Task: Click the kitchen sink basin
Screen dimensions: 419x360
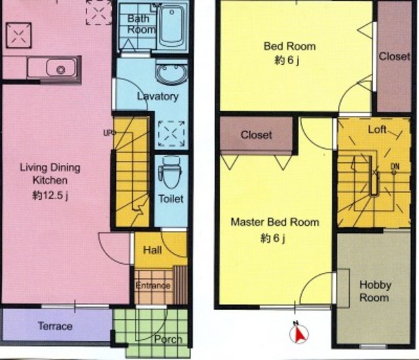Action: (61, 68)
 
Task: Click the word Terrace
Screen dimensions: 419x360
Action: (55, 326)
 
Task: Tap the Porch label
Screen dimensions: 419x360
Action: (168, 339)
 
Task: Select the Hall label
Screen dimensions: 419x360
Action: (153, 250)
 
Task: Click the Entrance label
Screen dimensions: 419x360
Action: (153, 285)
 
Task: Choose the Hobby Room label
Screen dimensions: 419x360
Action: (375, 291)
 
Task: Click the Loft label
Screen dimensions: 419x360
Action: (377, 130)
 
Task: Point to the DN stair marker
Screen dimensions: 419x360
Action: (395, 167)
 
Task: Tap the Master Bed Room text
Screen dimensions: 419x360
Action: (275, 222)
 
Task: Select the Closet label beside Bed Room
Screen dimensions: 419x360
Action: (394, 56)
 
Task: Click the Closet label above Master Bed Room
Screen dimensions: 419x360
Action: (256, 135)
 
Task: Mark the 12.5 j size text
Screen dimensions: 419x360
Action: (50, 196)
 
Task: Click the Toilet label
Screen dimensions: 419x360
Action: (171, 199)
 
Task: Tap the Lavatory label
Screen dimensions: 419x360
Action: (158, 96)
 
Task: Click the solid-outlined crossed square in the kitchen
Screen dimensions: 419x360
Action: (18, 35)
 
